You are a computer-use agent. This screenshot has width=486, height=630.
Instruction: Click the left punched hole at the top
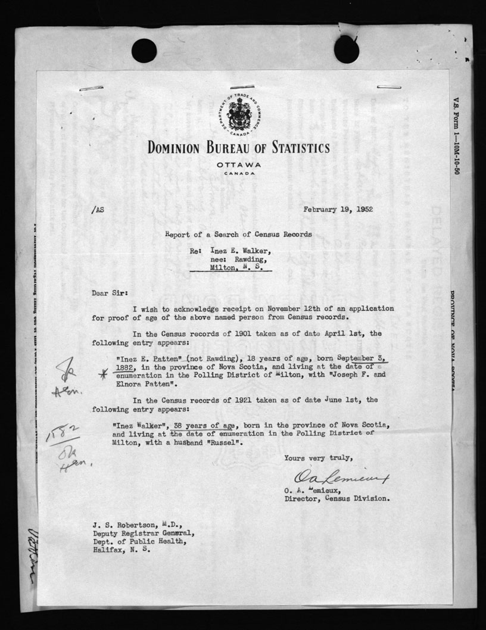[x=144, y=51]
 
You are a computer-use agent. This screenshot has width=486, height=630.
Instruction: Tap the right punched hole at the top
[x=346, y=49]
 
